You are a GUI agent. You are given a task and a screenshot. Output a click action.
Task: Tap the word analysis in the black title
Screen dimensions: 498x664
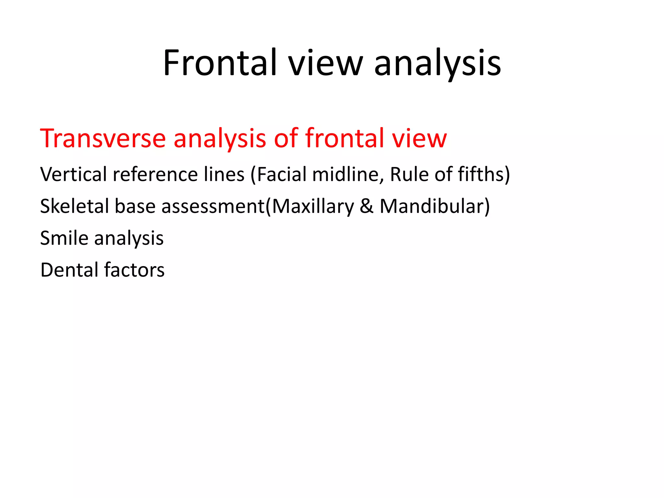(437, 63)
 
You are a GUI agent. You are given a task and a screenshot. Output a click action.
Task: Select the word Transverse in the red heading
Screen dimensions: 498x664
(103, 138)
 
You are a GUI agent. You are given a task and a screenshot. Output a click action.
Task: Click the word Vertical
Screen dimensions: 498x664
(73, 174)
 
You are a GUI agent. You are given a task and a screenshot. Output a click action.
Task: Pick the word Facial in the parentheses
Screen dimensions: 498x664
(281, 174)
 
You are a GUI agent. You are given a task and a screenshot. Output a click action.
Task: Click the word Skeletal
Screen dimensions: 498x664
(75, 206)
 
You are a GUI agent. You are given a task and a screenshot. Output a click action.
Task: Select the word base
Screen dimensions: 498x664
(135, 206)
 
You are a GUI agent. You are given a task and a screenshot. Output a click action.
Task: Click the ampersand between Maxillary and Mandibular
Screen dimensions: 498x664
(366, 206)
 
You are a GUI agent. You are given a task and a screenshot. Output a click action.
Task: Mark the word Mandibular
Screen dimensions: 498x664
(432, 206)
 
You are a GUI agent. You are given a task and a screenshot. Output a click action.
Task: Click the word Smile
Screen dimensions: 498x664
(64, 238)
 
